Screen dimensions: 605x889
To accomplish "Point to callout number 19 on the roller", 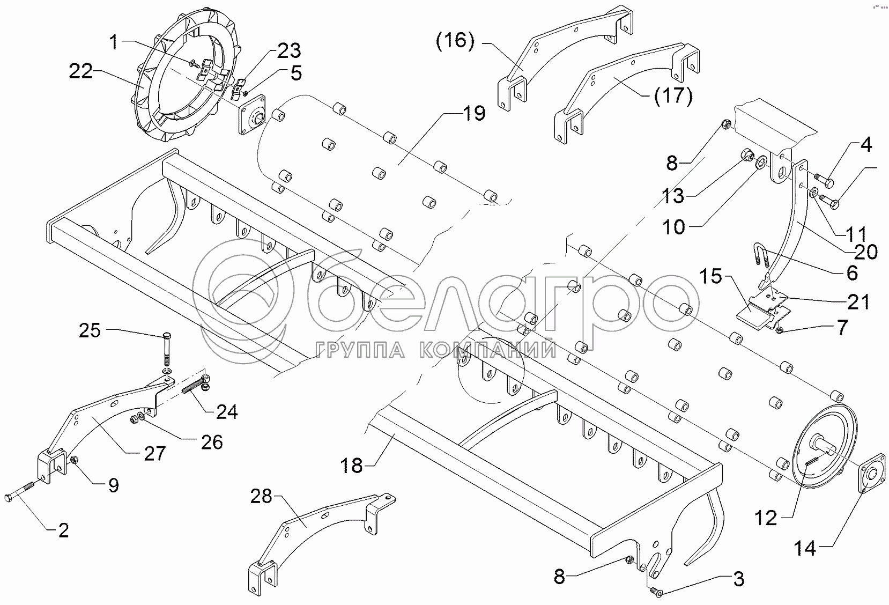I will (473, 114).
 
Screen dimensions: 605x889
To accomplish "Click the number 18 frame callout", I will (353, 466).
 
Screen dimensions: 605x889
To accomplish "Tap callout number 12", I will (766, 518).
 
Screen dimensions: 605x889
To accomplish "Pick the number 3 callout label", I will (738, 579).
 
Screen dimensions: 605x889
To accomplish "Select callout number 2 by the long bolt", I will (63, 530).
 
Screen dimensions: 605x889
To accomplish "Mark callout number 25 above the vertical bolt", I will (90, 330).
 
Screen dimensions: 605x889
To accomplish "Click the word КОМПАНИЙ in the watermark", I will (486, 351).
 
